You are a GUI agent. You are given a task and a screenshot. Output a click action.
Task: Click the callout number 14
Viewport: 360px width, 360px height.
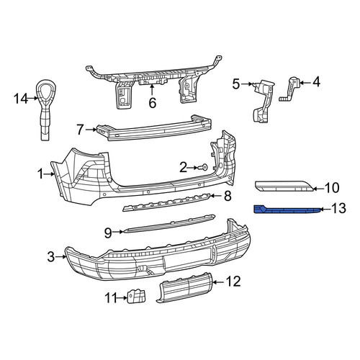click(x=21, y=99)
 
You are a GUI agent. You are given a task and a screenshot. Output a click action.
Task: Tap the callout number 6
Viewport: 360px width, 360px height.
click(x=153, y=103)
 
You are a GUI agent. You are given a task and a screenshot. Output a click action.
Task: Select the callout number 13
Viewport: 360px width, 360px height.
click(x=338, y=208)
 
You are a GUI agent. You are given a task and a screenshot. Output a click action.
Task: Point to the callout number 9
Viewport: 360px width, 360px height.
click(x=108, y=233)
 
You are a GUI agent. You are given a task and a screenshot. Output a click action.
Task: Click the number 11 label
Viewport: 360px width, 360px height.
click(x=111, y=298)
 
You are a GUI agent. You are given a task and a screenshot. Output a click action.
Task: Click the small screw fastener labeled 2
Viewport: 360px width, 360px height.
click(x=204, y=167)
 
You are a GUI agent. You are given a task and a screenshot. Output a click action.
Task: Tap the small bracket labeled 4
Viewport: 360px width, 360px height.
click(x=289, y=89)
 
